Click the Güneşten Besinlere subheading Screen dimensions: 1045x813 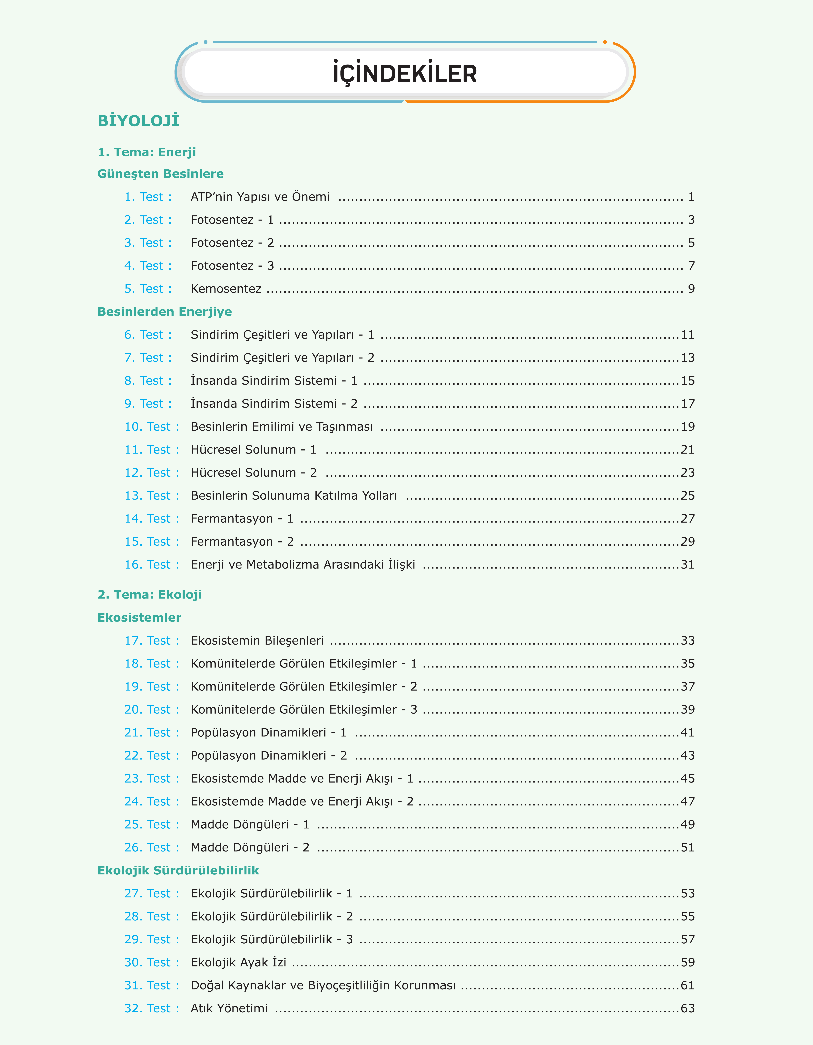pos(160,174)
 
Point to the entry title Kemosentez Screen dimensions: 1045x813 pos(226,289)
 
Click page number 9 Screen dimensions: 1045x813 pos(691,289)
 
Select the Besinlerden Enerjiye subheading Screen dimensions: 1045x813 pos(165,312)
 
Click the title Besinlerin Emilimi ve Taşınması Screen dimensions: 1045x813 pos(281,427)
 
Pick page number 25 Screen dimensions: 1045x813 pos(688,496)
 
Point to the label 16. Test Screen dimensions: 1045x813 pos(151,565)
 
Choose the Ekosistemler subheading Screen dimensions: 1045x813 pos(139,618)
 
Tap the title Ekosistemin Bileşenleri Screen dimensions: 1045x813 pos(257,641)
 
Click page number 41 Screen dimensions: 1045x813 pos(688,733)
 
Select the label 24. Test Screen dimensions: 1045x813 pos(151,802)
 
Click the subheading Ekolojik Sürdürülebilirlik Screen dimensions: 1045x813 pos(178,870)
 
